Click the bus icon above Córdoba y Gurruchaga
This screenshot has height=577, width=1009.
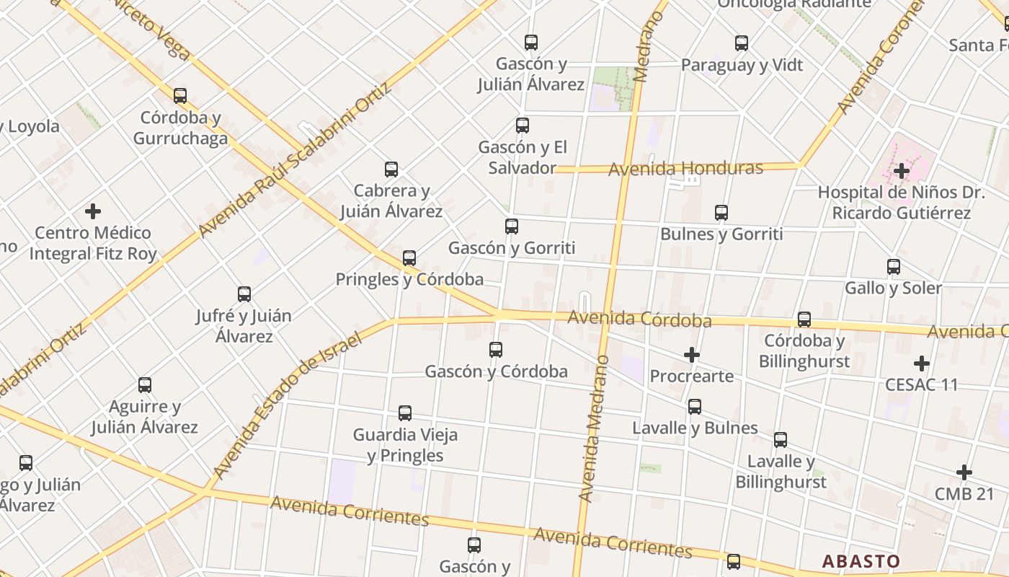tap(180, 95)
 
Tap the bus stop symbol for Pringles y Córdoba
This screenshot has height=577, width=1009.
tap(409, 257)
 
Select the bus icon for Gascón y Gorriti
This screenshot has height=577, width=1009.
tap(512, 226)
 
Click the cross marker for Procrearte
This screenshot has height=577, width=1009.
tap(692, 355)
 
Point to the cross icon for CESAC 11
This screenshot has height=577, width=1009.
tap(922, 364)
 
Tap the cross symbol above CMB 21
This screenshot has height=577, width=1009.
tap(964, 473)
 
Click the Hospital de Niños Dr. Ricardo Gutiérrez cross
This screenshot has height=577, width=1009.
tap(901, 171)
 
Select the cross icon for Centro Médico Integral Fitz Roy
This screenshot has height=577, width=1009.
tap(93, 211)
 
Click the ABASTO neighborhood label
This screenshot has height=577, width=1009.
tap(861, 561)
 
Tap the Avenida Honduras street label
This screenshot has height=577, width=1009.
tap(685, 169)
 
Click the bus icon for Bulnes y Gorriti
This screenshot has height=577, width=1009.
tap(721, 213)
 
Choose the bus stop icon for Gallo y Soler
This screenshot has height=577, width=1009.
tap(894, 267)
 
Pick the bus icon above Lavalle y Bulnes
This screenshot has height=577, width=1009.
tap(695, 407)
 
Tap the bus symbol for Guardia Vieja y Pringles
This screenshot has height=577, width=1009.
tap(405, 413)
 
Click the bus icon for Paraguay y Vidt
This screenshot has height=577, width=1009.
tap(742, 43)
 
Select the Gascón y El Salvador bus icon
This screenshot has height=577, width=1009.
tap(523, 125)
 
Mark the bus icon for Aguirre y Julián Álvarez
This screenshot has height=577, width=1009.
tap(145, 385)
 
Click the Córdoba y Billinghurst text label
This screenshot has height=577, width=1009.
tap(804, 351)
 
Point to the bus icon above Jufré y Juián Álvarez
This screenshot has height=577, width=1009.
tap(244, 294)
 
